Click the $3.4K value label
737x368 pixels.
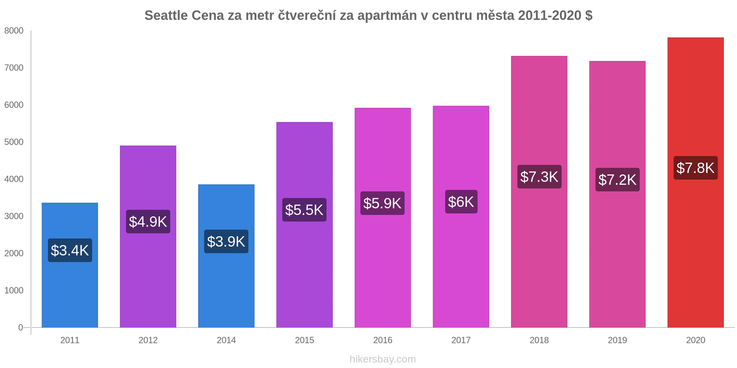click(70, 250)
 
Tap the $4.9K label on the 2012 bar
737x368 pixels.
click(148, 222)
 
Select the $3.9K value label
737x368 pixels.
click(226, 241)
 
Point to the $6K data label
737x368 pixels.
click(461, 202)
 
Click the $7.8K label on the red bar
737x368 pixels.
click(695, 168)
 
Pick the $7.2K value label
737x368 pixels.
click(617, 180)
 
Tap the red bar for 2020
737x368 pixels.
click(695, 258)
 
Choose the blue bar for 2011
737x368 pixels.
click(70, 294)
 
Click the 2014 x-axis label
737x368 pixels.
click(226, 340)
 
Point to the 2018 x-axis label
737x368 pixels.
click(539, 340)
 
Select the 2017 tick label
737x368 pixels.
click(461, 340)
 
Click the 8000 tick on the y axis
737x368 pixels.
click(14, 31)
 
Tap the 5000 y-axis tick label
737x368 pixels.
click(14, 142)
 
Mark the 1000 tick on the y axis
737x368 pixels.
click(14, 290)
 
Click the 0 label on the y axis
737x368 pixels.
click(21, 328)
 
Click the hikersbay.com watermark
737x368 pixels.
click(383, 359)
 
